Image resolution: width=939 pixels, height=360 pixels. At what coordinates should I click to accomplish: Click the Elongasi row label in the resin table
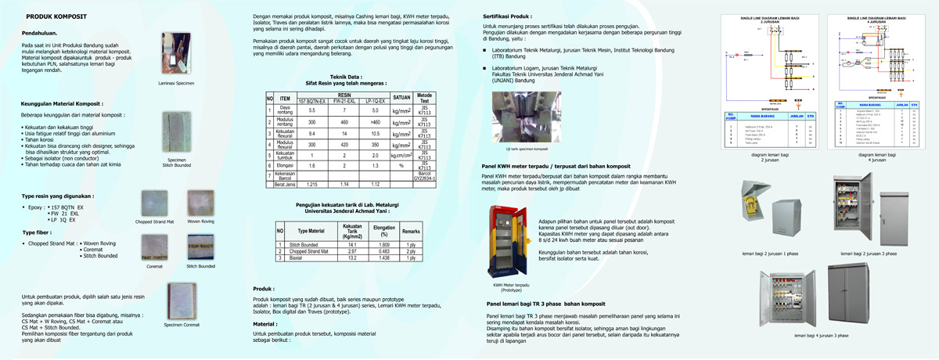pyautogui.click(x=286, y=166)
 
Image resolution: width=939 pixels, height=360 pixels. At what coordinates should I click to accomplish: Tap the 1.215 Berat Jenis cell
pyautogui.click(x=311, y=184)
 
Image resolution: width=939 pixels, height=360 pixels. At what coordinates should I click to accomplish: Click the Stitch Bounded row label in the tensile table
pyautogui.click(x=307, y=245)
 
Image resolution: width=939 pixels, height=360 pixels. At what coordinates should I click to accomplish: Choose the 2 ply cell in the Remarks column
pyautogui.click(x=412, y=250)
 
